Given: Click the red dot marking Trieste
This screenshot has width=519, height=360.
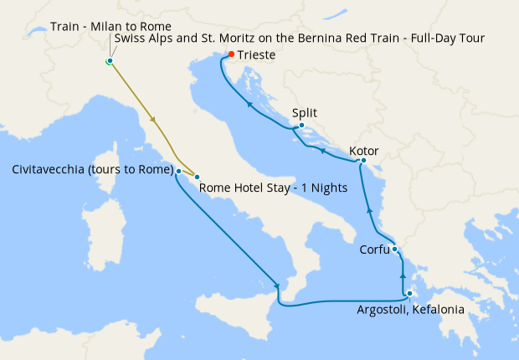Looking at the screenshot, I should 231,55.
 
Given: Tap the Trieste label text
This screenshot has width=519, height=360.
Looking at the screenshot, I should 256,55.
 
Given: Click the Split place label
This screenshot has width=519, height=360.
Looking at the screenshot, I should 305,113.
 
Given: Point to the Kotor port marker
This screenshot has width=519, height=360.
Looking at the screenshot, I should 363,160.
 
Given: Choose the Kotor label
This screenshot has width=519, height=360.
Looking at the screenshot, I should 364,152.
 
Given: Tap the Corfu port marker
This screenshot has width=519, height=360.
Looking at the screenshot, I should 394,249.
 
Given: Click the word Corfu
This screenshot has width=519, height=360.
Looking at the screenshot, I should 373,249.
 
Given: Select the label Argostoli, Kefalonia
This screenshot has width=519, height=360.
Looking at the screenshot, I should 409,310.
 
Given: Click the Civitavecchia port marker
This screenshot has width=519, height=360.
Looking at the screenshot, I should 179,170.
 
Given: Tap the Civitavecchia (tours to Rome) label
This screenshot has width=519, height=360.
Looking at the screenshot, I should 92,170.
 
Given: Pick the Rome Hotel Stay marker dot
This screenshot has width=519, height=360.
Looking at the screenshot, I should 197,176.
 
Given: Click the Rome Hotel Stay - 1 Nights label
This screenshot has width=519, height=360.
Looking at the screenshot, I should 273,188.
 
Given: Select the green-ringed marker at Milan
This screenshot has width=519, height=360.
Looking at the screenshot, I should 110,61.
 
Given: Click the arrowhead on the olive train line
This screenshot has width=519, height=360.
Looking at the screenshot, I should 152,120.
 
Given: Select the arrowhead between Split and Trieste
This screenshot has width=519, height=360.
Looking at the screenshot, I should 249,104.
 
